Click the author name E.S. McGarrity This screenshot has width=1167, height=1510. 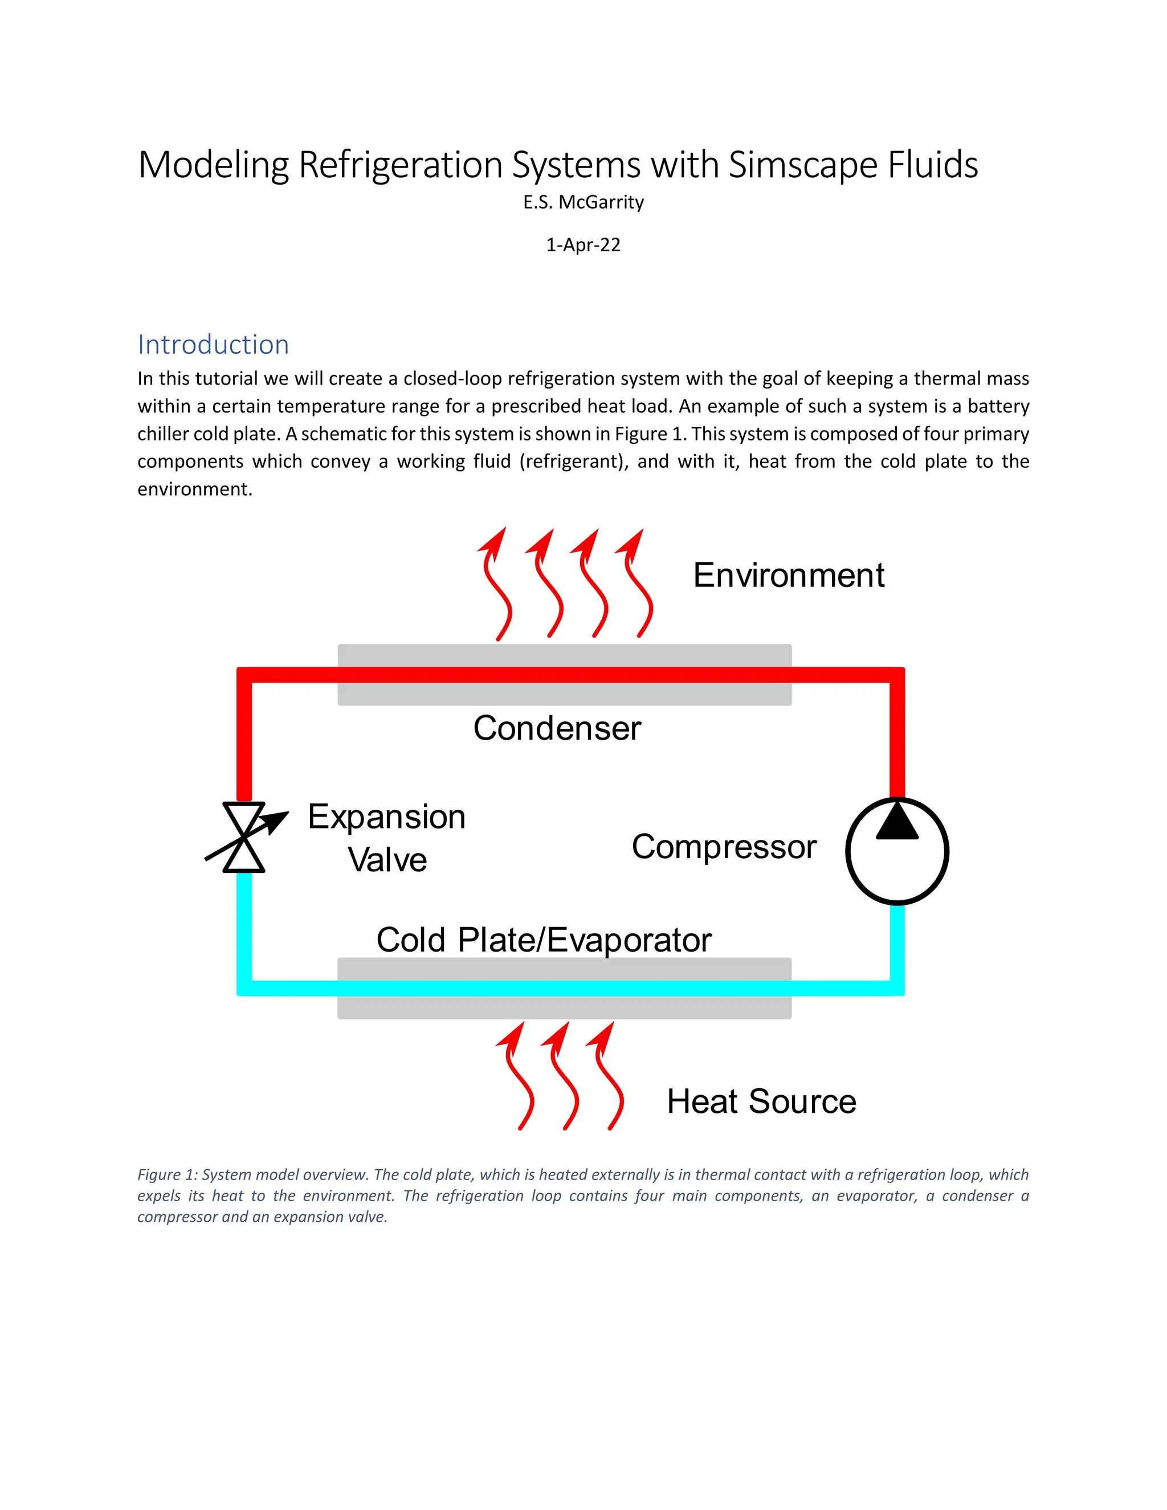coord(583,203)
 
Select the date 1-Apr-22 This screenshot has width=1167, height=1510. coord(583,246)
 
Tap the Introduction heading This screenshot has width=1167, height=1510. coord(213,344)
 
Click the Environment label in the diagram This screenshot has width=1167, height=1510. coord(788,576)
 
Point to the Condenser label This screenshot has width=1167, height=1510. coord(557,728)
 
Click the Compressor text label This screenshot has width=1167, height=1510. coord(724,847)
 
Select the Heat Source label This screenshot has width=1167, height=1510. coord(761,1101)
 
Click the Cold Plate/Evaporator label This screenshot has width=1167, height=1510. coord(544,940)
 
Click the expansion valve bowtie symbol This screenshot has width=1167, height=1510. coord(244,837)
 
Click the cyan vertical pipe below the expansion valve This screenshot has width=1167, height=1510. coord(244,927)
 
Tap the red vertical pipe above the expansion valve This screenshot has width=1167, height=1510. coord(244,740)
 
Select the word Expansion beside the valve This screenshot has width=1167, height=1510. coord(386,817)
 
